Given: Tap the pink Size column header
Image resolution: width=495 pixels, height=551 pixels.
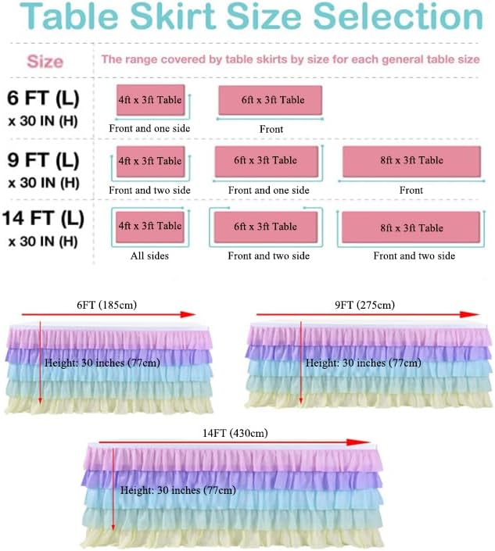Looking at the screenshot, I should (x=45, y=61).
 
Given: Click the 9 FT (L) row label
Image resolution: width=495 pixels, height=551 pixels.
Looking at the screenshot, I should (x=44, y=160).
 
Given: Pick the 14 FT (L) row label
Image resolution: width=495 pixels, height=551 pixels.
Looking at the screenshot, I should (x=44, y=219).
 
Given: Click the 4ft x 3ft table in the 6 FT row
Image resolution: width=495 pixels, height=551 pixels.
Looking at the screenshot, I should (x=150, y=100).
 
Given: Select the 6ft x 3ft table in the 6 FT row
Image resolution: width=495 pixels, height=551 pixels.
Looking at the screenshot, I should (x=271, y=100).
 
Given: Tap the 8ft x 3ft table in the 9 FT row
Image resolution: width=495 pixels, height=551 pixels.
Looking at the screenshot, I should (x=411, y=160).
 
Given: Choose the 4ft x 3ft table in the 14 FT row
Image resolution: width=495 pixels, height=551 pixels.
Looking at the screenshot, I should (x=150, y=226).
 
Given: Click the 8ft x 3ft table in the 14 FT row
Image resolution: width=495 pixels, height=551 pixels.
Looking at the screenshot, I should (x=411, y=227).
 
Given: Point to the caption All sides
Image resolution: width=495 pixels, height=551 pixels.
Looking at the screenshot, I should (x=149, y=256).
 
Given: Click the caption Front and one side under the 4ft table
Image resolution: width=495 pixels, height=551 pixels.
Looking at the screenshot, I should (x=149, y=128).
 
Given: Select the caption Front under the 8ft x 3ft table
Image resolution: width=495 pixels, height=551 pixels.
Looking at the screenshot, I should (x=411, y=190).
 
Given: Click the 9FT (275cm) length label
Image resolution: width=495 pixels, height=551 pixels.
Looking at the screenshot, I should (x=365, y=305).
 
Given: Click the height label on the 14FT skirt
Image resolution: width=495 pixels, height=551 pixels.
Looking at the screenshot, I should (x=178, y=490).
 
